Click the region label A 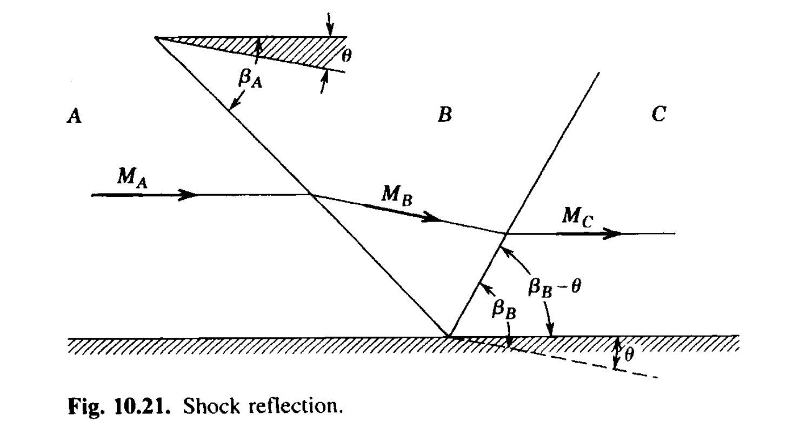(74, 116)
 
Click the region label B (444, 115)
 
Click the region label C (658, 115)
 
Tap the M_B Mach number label (397, 195)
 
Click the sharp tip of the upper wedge (156, 37)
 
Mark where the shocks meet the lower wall (448, 336)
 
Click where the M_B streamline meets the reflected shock (505, 233)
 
